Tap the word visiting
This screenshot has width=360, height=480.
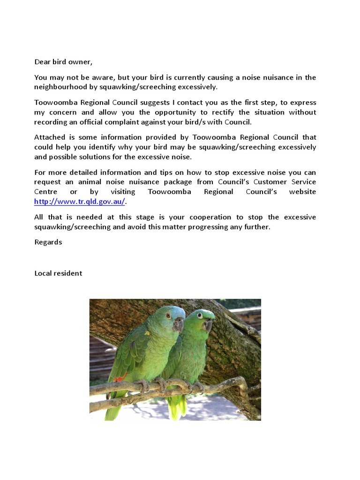point(123,192)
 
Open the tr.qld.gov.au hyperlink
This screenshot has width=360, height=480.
point(80,202)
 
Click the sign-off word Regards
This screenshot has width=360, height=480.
point(48,242)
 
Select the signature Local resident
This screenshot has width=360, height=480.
point(58,273)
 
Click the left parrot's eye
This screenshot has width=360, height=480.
point(168,315)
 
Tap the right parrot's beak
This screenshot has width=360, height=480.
point(208,325)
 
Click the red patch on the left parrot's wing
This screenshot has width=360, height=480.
point(120,378)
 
